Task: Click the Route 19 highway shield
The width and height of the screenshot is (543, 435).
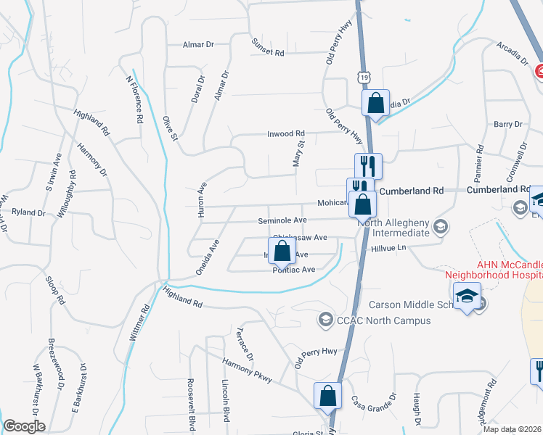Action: click(x=360, y=75)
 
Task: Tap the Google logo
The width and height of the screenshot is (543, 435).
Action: click(x=24, y=426)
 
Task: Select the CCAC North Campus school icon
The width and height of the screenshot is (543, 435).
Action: click(x=326, y=319)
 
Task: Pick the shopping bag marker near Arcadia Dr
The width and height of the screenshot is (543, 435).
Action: click(x=375, y=103)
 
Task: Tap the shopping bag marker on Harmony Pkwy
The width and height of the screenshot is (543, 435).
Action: click(x=327, y=396)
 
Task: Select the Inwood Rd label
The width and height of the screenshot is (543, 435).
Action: click(x=287, y=133)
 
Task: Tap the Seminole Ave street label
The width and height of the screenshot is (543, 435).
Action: click(x=282, y=220)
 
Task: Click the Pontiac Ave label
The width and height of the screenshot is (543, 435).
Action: click(x=293, y=270)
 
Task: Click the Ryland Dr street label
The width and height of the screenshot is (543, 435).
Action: click(x=29, y=212)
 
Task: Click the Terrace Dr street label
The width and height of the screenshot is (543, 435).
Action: click(x=244, y=344)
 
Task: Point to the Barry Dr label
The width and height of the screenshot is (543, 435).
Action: click(x=508, y=124)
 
